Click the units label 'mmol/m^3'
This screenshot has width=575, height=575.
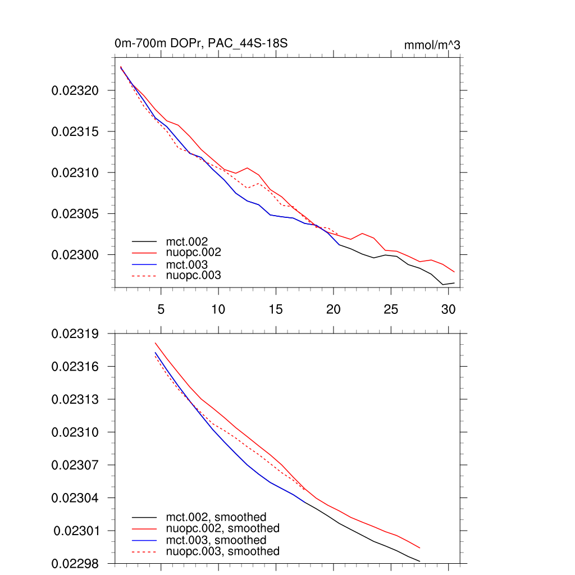coord(432,45)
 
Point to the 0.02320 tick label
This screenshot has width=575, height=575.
coord(75,90)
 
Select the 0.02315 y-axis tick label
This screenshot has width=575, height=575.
coord(75,131)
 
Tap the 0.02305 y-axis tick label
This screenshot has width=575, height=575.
coord(75,214)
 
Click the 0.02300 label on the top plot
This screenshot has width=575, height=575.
coord(75,255)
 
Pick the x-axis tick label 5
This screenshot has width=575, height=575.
coord(161,309)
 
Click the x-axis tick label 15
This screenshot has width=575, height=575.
coord(276,309)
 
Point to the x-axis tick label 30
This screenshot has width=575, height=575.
coord(448,309)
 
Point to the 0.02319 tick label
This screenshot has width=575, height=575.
coord(75,334)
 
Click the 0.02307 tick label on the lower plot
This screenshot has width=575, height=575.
coord(75,465)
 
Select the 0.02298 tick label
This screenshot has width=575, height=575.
coord(75,563)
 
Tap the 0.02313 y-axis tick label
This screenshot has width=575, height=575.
coord(75,399)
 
